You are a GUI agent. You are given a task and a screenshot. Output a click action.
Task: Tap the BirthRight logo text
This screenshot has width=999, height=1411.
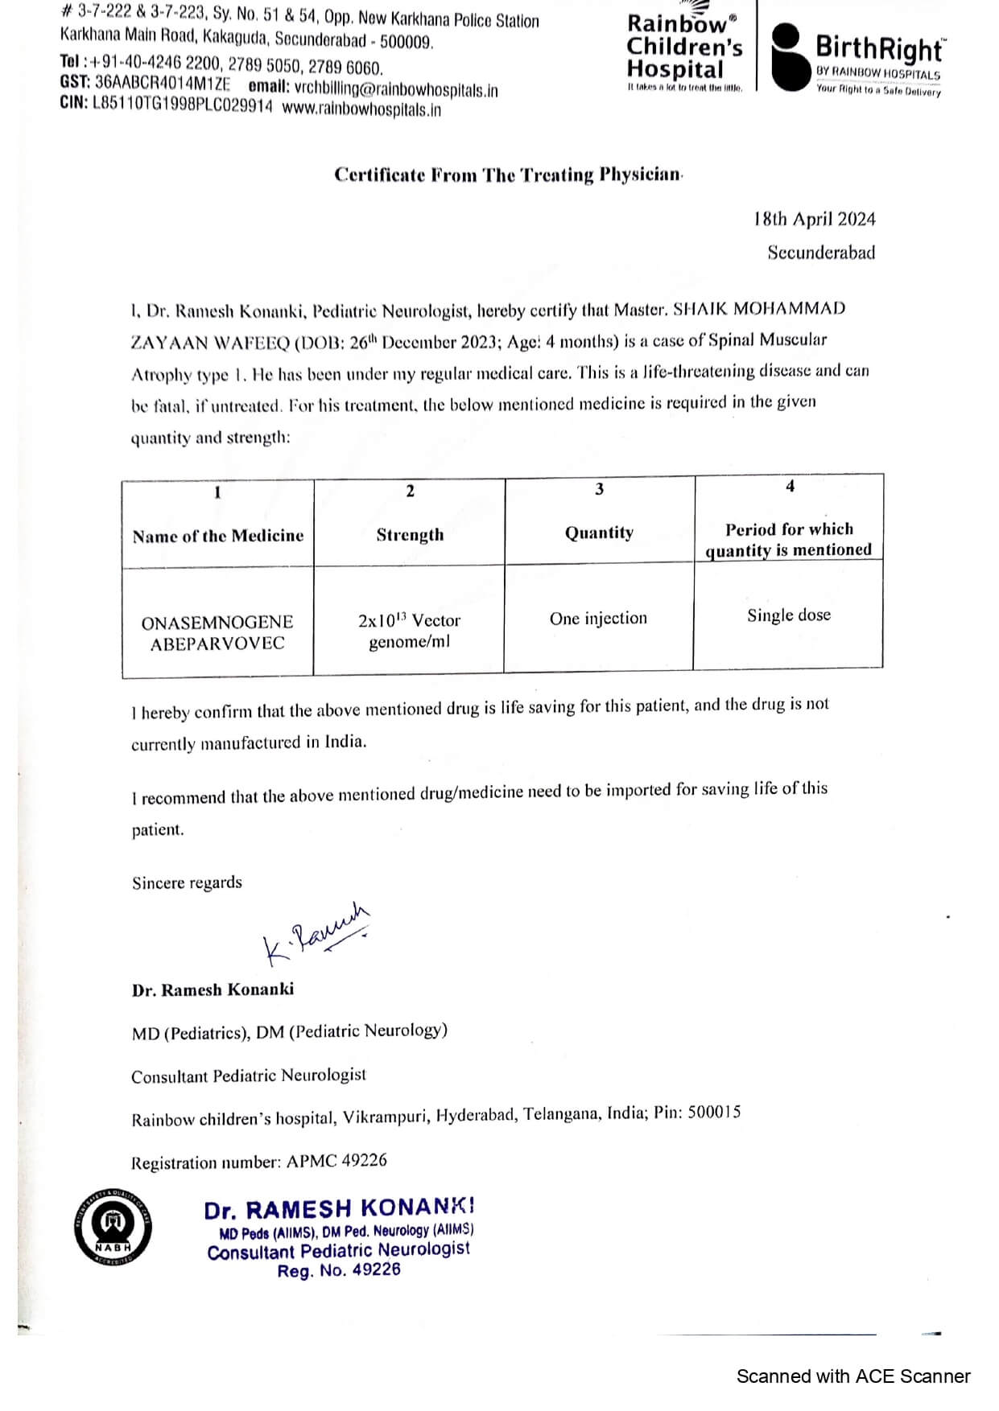pos(879,49)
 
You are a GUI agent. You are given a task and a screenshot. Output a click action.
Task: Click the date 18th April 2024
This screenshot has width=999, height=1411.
pos(814,219)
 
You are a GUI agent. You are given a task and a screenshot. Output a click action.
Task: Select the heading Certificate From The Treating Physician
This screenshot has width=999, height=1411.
pos(508,175)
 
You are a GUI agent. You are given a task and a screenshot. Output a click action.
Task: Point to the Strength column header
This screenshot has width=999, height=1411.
pos(410,535)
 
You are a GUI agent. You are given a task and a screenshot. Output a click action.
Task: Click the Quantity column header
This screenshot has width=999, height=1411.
pos(599,533)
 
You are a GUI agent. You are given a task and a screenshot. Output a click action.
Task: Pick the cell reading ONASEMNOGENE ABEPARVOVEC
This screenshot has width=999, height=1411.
pos(217,632)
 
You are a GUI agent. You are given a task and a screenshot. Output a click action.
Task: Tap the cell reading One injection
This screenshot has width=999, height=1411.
pos(598,619)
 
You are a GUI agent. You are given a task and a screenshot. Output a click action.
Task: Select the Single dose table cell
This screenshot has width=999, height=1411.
pos(788,615)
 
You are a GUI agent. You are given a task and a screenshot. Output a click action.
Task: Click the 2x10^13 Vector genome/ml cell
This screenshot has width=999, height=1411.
pos(409,631)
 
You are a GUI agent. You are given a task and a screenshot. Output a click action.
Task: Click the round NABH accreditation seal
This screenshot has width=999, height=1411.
pos(114,1227)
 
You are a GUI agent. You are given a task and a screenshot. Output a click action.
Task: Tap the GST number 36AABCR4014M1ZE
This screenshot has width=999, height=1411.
pos(162,83)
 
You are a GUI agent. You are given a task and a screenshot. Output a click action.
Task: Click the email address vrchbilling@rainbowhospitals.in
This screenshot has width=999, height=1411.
pos(395,89)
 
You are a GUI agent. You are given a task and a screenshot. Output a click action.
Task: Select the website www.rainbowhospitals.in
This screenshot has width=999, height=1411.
pos(361,109)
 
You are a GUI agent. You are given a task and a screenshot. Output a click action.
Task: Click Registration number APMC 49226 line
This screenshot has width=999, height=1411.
pos(258,1162)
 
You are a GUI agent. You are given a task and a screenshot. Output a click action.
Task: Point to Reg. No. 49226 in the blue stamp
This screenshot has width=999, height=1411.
pos(339,1271)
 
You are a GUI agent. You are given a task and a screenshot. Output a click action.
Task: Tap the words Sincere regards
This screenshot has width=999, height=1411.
pos(187,882)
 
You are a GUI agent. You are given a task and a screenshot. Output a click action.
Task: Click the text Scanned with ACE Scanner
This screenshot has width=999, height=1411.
pos(852,1376)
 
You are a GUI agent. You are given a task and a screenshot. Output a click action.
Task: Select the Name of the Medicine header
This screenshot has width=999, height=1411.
pos(218,536)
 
